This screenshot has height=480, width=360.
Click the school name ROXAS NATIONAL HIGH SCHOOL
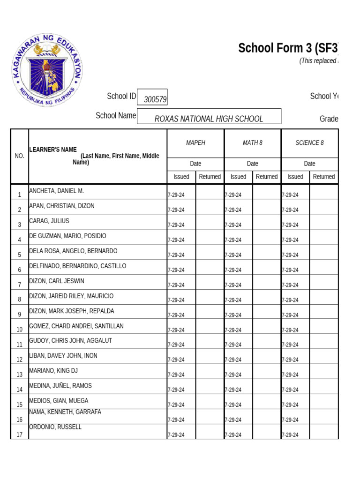(x=209, y=119)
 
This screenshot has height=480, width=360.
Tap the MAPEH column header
(x=195, y=143)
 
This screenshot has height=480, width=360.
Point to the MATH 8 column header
(x=253, y=143)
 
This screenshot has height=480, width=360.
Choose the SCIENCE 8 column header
(x=309, y=143)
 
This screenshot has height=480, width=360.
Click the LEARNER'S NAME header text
(x=53, y=150)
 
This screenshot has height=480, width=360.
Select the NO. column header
(x=19, y=156)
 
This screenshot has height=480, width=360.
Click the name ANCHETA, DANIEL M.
(x=56, y=191)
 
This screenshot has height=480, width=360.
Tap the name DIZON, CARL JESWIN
(x=57, y=281)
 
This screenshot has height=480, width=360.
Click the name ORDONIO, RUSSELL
(x=55, y=427)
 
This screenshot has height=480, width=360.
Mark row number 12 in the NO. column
(x=19, y=360)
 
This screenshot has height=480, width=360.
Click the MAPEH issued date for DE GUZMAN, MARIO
(x=176, y=240)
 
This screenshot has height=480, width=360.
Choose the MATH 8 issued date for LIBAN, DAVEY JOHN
(x=233, y=360)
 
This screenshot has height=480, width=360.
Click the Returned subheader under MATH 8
(x=266, y=177)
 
